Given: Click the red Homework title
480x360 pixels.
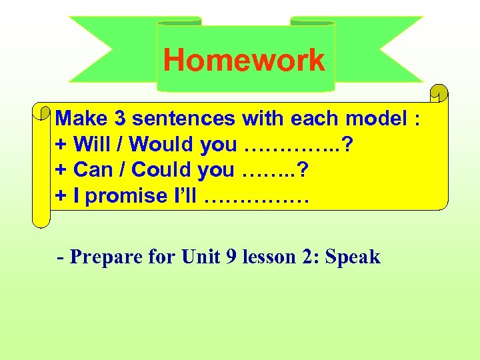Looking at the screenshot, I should (x=244, y=59).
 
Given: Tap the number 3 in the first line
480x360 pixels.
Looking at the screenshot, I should (x=120, y=119).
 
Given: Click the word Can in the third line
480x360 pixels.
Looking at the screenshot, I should (x=91, y=169).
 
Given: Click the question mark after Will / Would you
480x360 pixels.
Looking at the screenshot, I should (x=347, y=144).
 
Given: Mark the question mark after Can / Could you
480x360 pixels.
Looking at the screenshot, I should (x=303, y=169).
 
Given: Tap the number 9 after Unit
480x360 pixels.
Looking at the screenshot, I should (x=231, y=257).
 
